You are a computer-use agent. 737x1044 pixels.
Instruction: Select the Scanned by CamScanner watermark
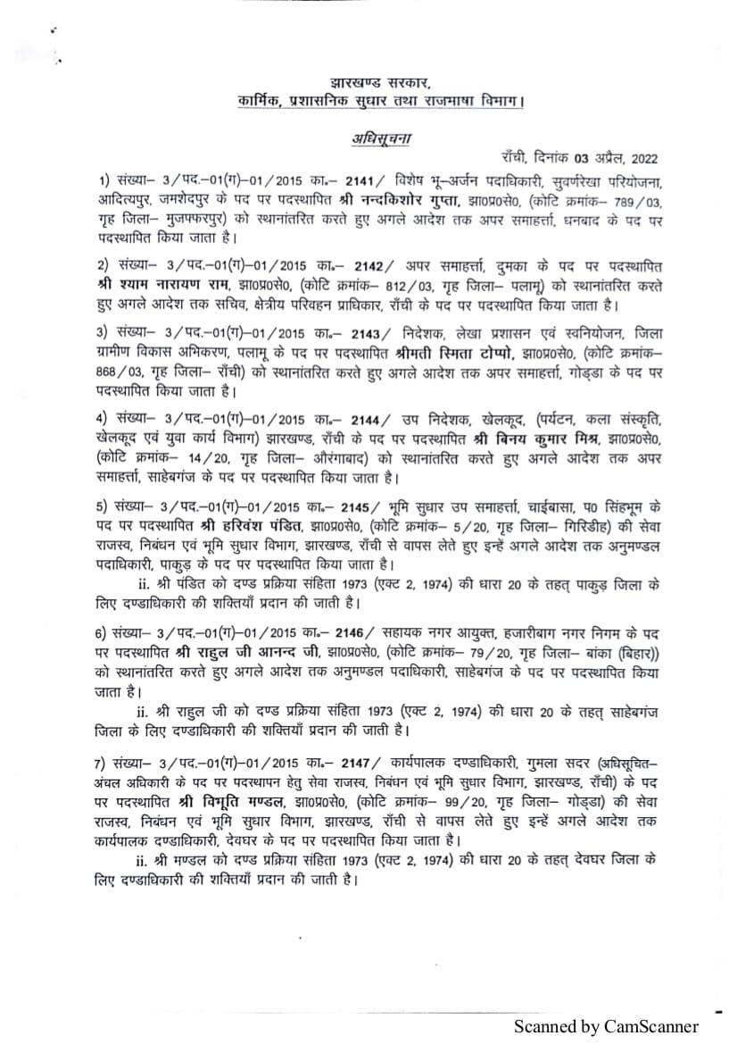[605, 1027]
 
